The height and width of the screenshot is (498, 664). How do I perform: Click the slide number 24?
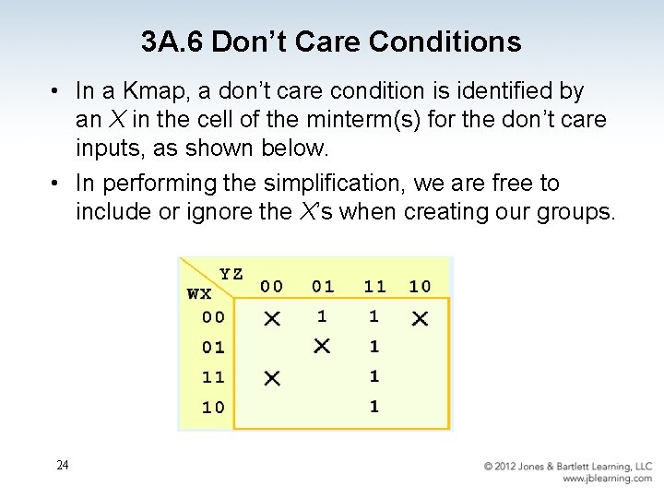(x=62, y=465)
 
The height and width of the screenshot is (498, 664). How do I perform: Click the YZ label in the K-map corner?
(x=231, y=274)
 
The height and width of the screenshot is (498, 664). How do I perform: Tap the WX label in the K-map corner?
(x=199, y=294)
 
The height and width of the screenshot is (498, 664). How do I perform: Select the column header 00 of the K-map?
(x=272, y=287)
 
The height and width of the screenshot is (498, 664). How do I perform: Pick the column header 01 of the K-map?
(x=323, y=287)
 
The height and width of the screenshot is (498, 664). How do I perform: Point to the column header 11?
(x=374, y=287)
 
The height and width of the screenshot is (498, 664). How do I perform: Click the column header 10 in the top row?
(x=420, y=287)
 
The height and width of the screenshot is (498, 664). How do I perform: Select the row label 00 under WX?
(x=213, y=317)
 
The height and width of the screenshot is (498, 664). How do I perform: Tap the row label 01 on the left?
(x=213, y=348)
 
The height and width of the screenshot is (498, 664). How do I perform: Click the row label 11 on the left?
(x=213, y=377)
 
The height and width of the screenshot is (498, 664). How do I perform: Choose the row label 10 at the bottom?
(x=213, y=408)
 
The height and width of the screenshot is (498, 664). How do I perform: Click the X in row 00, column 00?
(x=272, y=318)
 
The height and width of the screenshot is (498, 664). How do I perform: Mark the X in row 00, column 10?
(x=420, y=318)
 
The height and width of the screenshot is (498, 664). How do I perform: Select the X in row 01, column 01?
(x=322, y=347)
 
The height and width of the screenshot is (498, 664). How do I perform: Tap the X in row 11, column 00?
(x=272, y=378)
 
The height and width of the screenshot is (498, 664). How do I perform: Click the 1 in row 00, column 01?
(x=322, y=316)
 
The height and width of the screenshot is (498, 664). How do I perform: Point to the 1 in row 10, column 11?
(x=373, y=407)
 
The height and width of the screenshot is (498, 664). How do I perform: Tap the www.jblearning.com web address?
(x=607, y=479)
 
